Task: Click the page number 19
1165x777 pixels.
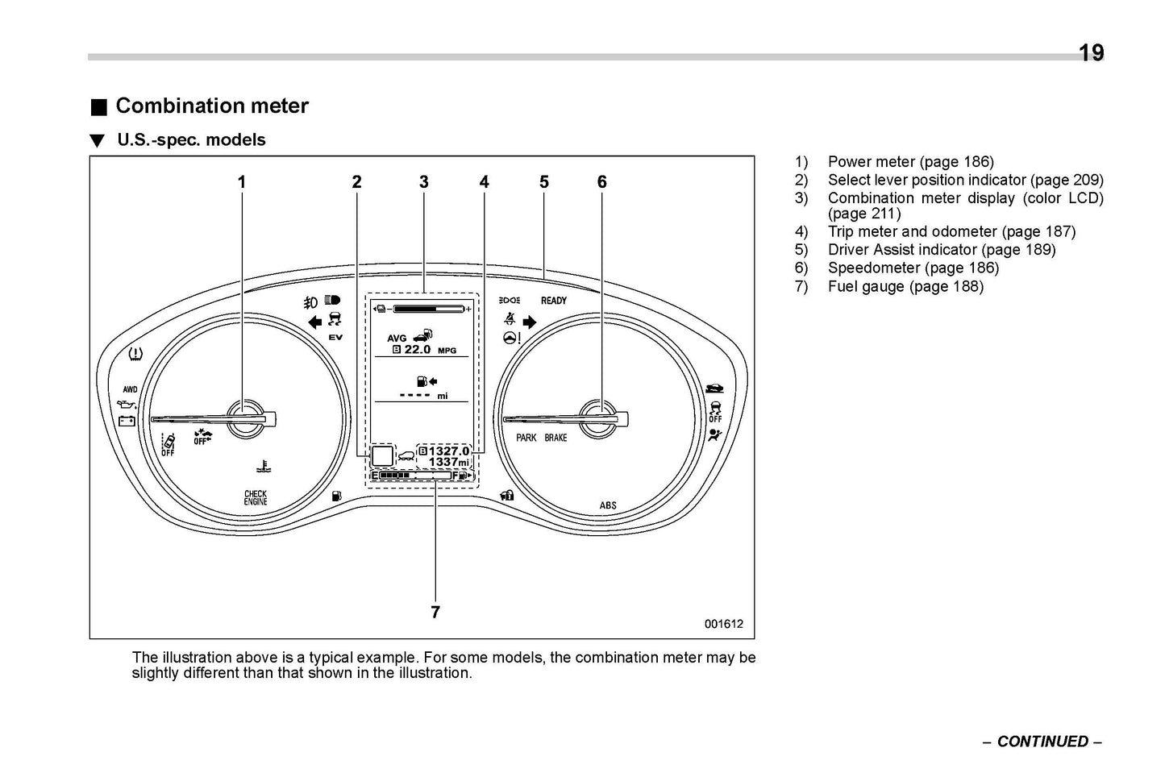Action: tap(1091, 53)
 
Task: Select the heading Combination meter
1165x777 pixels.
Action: tap(212, 106)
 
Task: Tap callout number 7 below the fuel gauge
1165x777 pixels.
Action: tap(435, 613)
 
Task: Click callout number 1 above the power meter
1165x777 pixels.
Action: tap(241, 182)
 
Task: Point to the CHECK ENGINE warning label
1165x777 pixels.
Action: tap(256, 498)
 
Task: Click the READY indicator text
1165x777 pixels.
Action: tap(554, 301)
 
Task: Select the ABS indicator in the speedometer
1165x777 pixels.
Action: tap(608, 505)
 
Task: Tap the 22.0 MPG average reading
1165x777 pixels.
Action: tap(425, 350)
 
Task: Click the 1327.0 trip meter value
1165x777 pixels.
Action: tap(448, 451)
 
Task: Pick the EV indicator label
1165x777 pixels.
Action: tap(335, 337)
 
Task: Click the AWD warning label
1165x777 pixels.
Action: tap(130, 389)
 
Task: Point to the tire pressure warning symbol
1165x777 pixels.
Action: tap(136, 353)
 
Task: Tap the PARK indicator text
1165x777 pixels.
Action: tap(526, 438)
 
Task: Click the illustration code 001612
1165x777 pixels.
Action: tap(723, 624)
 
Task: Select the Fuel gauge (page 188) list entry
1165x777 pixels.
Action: tap(905, 286)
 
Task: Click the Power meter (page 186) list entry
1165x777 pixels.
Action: tap(910, 162)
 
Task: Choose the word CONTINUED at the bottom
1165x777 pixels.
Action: tap(1042, 742)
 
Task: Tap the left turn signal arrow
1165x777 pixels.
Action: tap(315, 322)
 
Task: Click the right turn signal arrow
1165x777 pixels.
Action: tap(530, 322)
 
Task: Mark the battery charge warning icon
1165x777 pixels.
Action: tap(127, 421)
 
